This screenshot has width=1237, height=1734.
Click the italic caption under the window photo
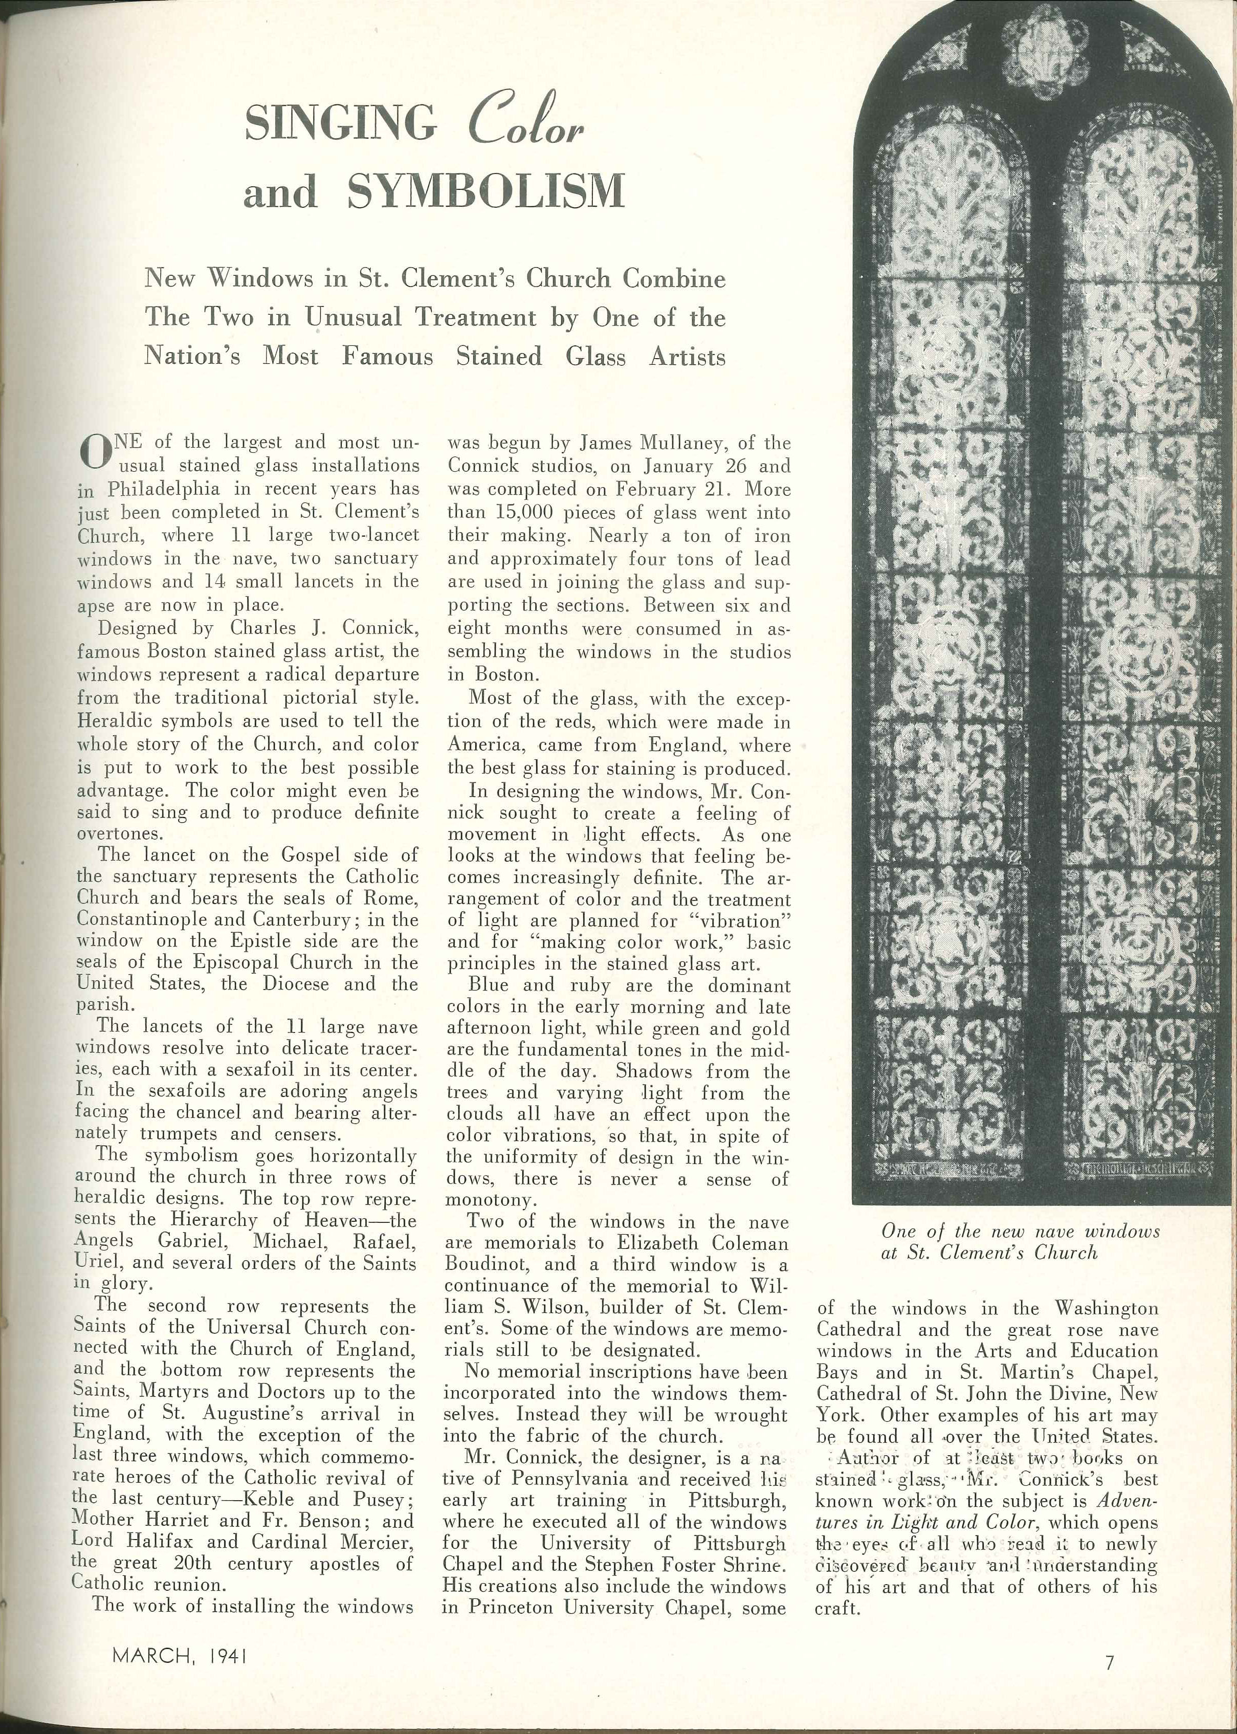1020,1241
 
